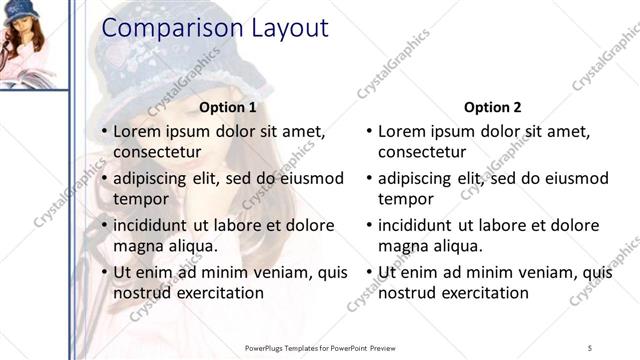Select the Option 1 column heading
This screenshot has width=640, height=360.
pyautogui.click(x=228, y=107)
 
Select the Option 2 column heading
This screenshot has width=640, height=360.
pyautogui.click(x=493, y=107)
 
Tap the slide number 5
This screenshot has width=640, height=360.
pyautogui.click(x=590, y=347)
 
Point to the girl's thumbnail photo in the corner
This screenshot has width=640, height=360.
pyautogui.click(x=33, y=44)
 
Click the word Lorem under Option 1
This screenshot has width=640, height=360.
pyautogui.click(x=137, y=131)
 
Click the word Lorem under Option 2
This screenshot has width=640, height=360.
pyautogui.click(x=402, y=131)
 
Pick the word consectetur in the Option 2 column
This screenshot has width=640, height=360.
pyautogui.click(x=422, y=152)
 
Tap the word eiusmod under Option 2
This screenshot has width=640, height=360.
pyautogui.click(x=574, y=179)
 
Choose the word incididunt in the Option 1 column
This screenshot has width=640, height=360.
pyautogui.click(x=155, y=225)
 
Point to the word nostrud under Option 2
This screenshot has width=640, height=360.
pyautogui.click(x=407, y=293)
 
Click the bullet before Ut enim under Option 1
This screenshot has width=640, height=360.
pyautogui.click(x=104, y=272)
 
